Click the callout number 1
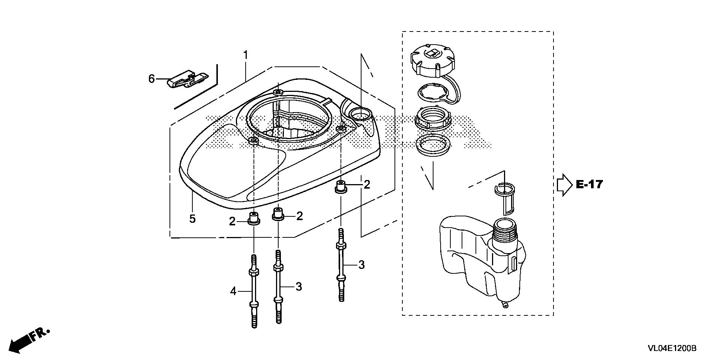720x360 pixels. click(x=245, y=55)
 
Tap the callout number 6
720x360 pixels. click(x=151, y=79)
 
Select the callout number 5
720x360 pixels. click(x=192, y=219)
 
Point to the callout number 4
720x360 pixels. click(x=233, y=291)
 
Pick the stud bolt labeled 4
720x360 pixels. click(x=254, y=291)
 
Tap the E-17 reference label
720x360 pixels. click(x=589, y=184)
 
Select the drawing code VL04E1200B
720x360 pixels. click(x=672, y=348)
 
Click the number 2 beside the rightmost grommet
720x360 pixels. click(x=366, y=184)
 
